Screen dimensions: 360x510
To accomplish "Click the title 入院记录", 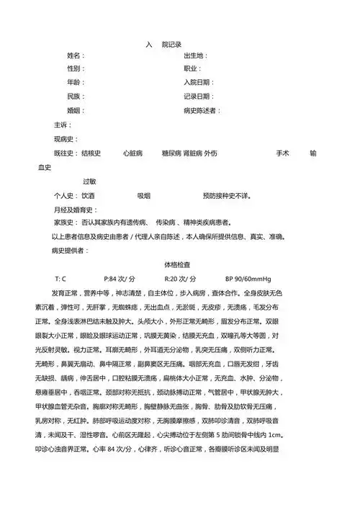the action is pos(164,44).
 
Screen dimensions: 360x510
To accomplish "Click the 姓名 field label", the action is pos(75,56).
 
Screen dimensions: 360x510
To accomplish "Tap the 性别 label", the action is pos(75,70).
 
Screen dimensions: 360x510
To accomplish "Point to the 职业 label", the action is pos(192,70).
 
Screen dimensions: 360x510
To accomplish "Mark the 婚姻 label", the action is pos(75,111).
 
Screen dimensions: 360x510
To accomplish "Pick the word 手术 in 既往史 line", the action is pos(282,154).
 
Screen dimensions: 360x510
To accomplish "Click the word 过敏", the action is pos(90,182).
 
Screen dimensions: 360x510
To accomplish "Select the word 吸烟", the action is pos(143,196).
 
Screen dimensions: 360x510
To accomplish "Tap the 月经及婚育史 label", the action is pos(73,210).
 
